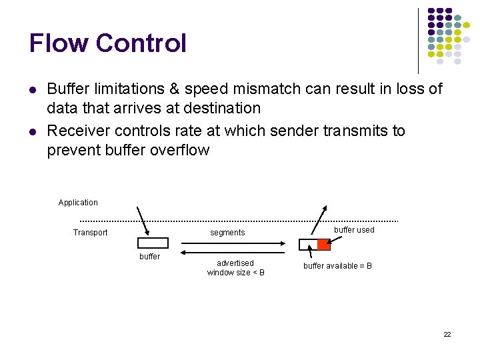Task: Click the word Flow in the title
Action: coord(58,43)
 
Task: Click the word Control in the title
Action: coord(141,43)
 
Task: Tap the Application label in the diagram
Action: coord(78,203)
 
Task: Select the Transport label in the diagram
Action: coord(90,233)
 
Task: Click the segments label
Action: coord(227,233)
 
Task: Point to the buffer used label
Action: coord(354,230)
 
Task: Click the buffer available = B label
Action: coord(337,266)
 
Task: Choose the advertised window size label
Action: coord(235,268)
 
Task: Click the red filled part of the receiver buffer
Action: coord(323,245)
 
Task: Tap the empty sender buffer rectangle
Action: coord(153,243)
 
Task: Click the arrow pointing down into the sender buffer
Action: coord(142,222)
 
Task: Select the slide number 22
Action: coord(447,334)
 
